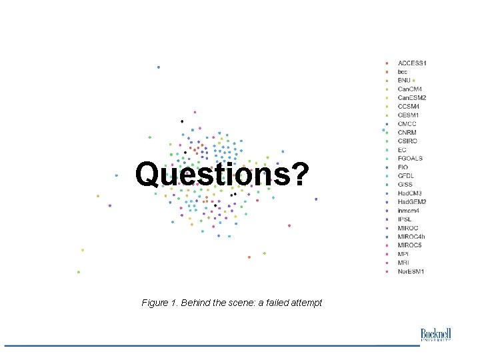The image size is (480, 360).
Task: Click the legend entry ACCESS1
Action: point(412,63)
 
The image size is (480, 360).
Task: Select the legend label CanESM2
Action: point(412,98)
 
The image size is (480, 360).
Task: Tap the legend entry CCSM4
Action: point(409,107)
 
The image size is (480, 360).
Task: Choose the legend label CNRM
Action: point(407,133)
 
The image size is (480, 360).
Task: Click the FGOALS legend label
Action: point(410,159)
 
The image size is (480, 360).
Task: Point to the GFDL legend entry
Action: point(407,176)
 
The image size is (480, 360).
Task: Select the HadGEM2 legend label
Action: point(412,202)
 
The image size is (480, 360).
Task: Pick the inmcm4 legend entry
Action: point(409,211)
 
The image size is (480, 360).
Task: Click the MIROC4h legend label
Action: point(411,237)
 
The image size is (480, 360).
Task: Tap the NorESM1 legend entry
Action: point(411,271)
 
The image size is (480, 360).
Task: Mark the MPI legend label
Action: point(403,254)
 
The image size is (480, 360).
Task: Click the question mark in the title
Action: point(299,175)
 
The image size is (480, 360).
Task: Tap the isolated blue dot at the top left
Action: point(158,67)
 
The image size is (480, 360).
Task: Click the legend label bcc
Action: point(403,71)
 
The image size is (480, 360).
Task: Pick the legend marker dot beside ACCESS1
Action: point(387,63)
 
